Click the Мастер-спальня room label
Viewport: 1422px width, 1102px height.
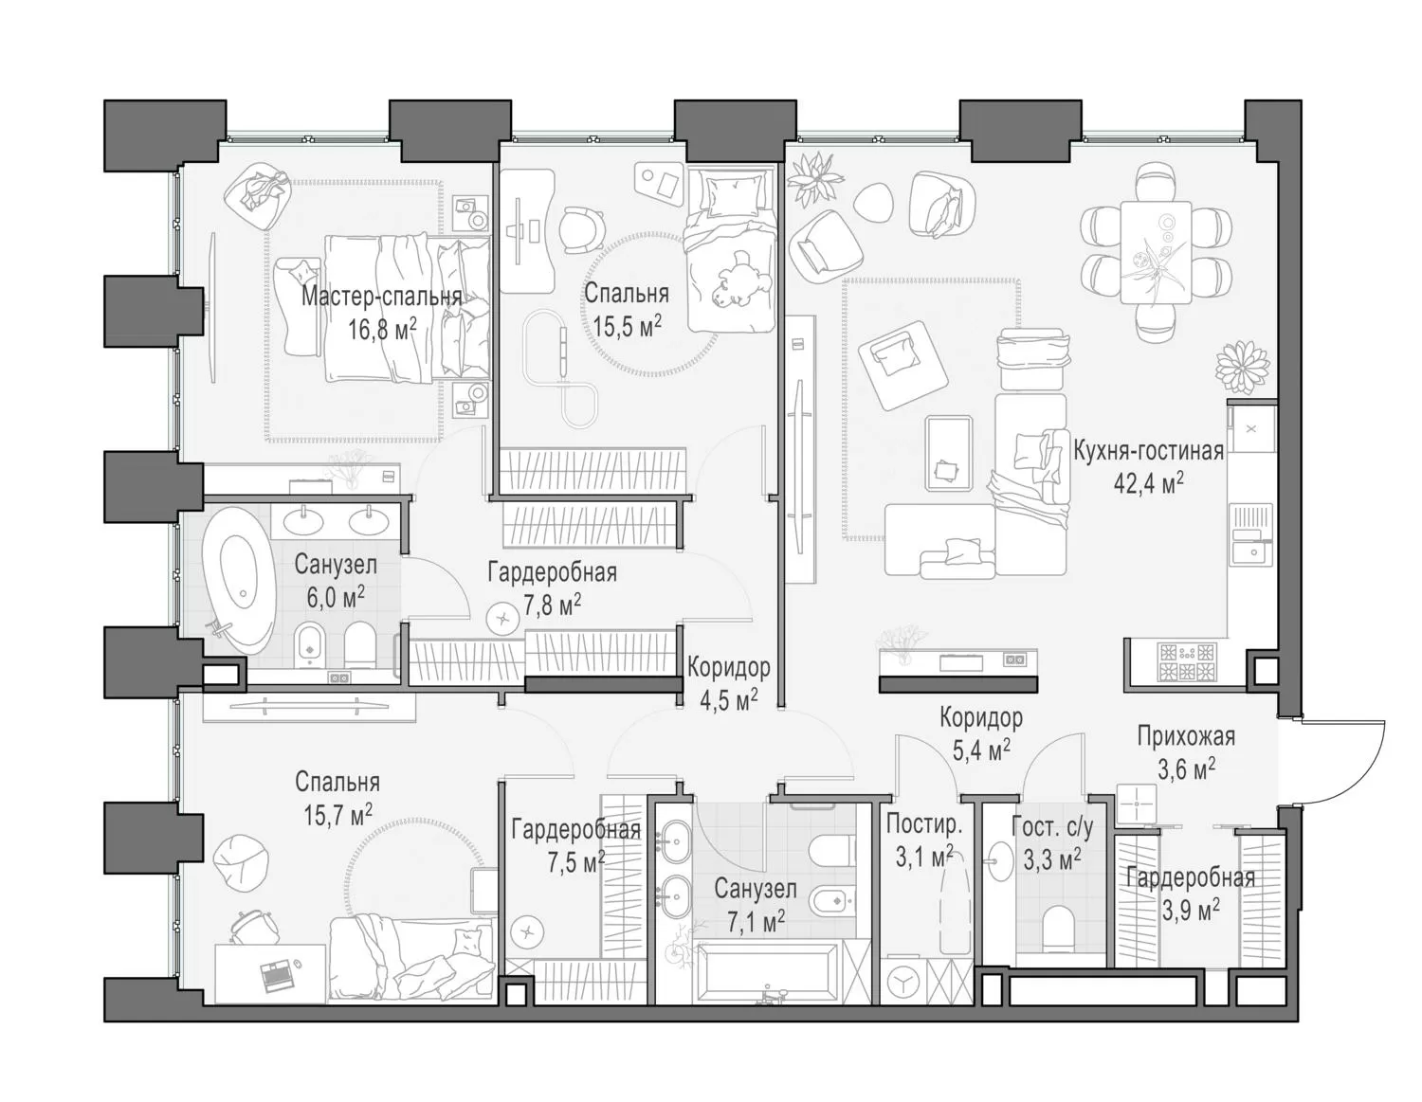coord(381,297)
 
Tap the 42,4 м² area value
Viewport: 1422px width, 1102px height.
coord(1148,482)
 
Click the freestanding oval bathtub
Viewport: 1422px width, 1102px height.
coord(240,581)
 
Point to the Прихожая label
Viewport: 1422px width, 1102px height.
coord(1186,737)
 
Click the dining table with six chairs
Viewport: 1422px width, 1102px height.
coord(1156,252)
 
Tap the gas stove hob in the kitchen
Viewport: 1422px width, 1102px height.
coord(1187,661)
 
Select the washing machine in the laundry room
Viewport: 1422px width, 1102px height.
coord(903,981)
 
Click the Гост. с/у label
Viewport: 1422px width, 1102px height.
coord(1052,827)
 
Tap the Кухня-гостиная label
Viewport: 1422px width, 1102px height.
coord(1148,451)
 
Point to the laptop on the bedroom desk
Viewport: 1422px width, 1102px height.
coord(274,974)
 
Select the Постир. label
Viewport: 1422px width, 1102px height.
coord(924,824)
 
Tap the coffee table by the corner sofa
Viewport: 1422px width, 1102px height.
coord(948,455)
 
